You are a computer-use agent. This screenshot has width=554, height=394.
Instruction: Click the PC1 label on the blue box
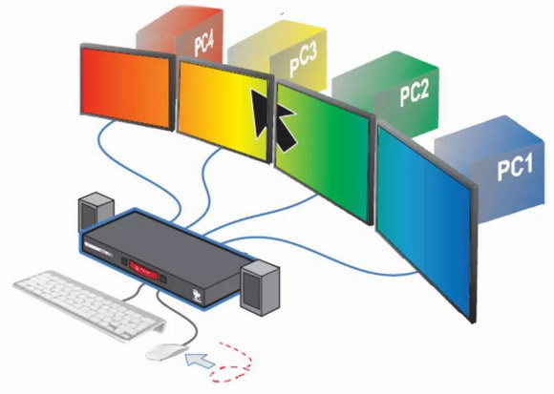point(515,168)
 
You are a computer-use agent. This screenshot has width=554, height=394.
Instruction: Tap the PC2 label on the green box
point(415,93)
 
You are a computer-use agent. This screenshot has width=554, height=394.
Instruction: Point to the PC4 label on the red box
point(203,43)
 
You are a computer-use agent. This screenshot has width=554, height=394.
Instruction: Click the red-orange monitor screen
point(126,88)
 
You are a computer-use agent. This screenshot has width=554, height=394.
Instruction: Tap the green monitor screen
point(322,151)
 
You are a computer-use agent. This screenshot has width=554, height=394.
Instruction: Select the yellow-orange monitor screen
point(224,110)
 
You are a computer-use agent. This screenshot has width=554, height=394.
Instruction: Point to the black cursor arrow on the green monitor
point(286,128)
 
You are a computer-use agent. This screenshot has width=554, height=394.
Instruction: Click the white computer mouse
point(166,352)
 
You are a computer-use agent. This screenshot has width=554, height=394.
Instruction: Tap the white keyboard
point(90,305)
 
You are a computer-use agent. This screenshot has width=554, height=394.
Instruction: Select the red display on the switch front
point(144,270)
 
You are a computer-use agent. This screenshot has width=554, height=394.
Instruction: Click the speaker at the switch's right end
point(260,288)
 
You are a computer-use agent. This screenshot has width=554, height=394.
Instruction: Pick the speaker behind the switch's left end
point(96,210)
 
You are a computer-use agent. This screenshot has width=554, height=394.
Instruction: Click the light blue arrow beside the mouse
point(200,362)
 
